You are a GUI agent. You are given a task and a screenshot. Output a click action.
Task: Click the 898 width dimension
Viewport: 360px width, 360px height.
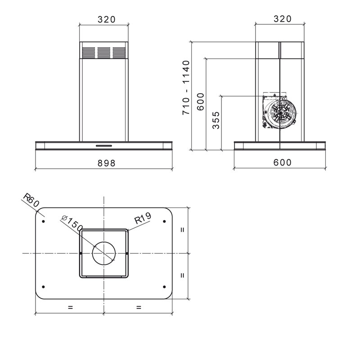pos(106,163)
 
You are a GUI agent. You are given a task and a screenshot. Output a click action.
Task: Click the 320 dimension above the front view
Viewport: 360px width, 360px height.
pos(107,19)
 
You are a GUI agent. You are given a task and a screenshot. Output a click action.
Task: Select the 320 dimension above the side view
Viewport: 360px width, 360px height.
pos(283,19)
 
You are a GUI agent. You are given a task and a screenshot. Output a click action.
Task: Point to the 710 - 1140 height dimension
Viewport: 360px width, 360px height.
pos(186,87)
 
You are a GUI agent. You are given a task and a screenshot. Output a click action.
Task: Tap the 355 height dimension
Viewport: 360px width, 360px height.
pos(216,120)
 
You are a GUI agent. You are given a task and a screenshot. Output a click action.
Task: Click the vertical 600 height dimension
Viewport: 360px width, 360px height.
pos(200,102)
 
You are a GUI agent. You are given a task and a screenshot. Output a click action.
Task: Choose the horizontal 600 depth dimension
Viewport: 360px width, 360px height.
pos(283,162)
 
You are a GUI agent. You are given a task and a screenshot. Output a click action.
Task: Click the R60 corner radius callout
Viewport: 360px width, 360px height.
pos(31,200)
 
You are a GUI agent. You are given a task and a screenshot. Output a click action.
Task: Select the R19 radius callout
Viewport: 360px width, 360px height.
pos(143,218)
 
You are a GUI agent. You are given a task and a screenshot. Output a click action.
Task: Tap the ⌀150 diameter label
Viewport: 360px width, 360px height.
pos(72,223)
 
